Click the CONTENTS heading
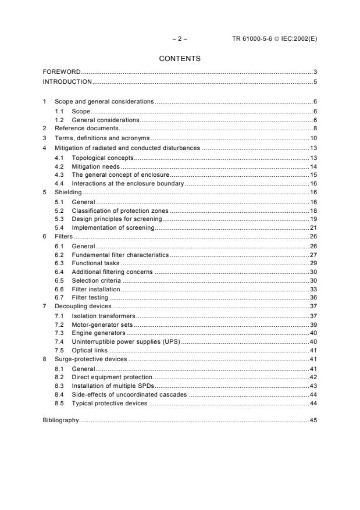[x=180, y=59]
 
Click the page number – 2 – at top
[x=180, y=39]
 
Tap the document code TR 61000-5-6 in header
[x=252, y=39]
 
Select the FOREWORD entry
[x=62, y=72]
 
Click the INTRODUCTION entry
[x=67, y=81]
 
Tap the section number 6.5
[x=59, y=280]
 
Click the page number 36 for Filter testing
[x=313, y=298]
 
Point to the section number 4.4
[x=59, y=183]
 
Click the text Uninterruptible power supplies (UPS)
[x=126, y=342]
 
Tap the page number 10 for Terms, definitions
[x=313, y=138]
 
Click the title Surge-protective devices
[x=90, y=360]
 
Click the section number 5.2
[x=59, y=210]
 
